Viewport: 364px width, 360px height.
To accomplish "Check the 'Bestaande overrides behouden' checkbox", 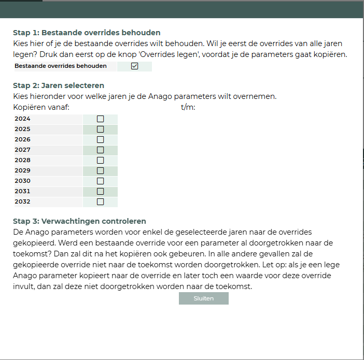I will point(135,66).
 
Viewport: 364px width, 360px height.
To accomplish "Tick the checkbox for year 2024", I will point(101,119).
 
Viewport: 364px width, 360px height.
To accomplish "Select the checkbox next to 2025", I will point(101,129).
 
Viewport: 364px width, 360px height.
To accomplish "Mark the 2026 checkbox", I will point(101,139).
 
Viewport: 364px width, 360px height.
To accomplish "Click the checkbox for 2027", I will point(101,150).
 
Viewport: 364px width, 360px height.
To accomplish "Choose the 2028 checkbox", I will point(101,160).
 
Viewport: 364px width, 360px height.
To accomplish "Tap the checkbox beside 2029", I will point(101,170).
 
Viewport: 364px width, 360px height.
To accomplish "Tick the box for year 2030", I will point(101,181).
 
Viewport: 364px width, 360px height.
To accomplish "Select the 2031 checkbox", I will point(101,191).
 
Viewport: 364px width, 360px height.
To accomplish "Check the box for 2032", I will point(101,201).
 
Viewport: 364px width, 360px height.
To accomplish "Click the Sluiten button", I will point(204,298).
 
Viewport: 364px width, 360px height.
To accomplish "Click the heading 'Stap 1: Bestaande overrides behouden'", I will point(87,33).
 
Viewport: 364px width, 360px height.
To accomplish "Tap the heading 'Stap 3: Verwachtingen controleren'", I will point(79,221).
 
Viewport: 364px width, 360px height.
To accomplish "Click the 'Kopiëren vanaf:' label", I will point(41,107).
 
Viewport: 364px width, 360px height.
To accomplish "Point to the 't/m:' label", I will point(188,107).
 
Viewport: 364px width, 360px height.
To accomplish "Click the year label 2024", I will point(22,119).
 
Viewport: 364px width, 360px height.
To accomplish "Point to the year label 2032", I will point(22,201).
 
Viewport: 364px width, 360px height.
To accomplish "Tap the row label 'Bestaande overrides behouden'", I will point(61,66).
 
